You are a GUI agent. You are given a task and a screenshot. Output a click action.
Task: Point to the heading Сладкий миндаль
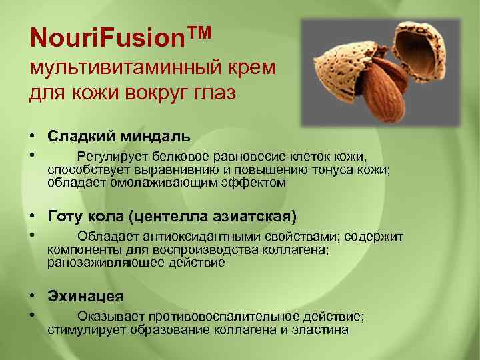tap(119, 136)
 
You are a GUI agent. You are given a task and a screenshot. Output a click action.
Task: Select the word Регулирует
tap(109, 157)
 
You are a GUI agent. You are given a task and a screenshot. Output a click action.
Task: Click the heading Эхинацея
tap(85, 296)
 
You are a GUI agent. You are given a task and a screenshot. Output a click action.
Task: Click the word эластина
tap(321, 329)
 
